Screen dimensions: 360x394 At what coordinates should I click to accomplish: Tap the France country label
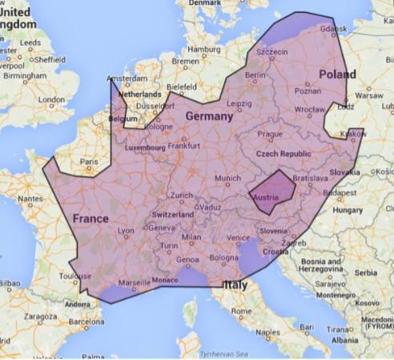90,218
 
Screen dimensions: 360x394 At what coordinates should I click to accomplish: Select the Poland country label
337,74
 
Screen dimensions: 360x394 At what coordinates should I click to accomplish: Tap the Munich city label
228,178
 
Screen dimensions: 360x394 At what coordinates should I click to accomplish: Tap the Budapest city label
344,192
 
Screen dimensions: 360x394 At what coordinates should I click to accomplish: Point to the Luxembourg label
145,148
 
